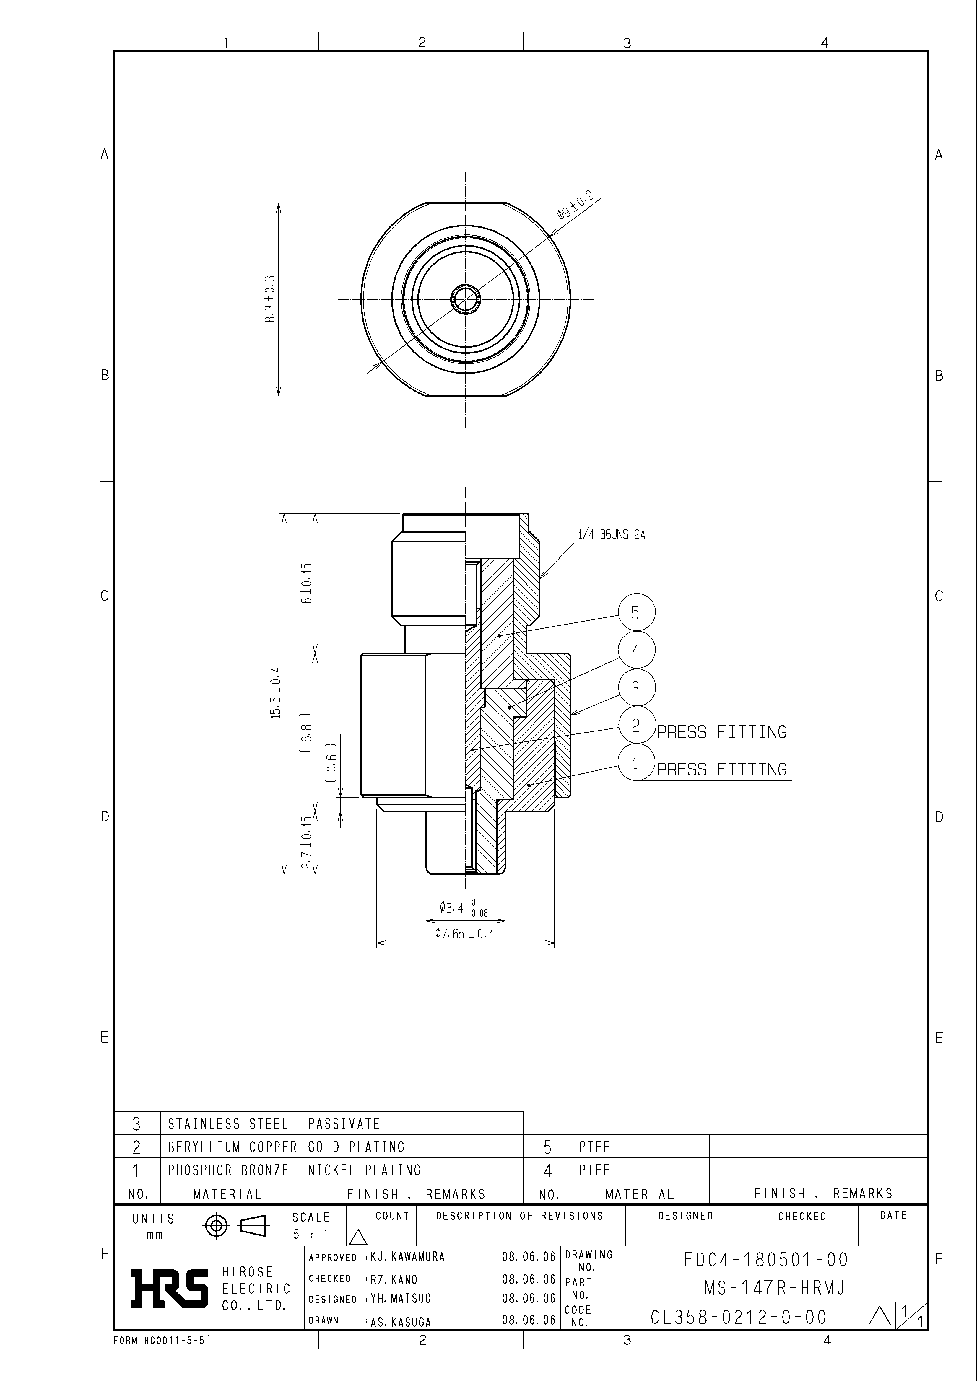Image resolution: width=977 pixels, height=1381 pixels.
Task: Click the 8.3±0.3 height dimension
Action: pyautogui.click(x=270, y=299)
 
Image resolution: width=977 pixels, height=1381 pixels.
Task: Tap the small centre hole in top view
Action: pyautogui.click(x=465, y=299)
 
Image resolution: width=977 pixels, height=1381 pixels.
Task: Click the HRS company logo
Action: pyautogui.click(x=170, y=1289)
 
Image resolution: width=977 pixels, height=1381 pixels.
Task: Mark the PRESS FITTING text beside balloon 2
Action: pyautogui.click(x=722, y=733)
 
